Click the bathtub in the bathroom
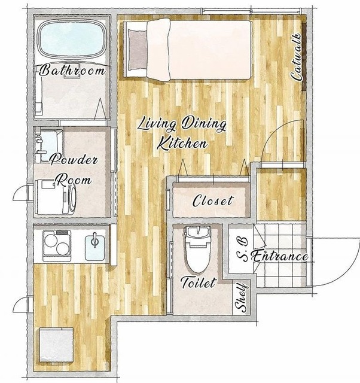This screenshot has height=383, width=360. click(72, 38)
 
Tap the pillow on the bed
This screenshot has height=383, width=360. click(138, 49)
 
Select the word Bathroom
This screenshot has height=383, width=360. click(72, 70)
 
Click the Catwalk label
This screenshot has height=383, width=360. click(297, 57)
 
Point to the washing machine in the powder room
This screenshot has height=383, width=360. click(56, 197)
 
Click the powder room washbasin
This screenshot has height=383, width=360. click(48, 146)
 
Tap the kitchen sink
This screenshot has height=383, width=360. click(94, 245)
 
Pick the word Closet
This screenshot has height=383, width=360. click(212, 200)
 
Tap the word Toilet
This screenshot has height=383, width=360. click(198, 282)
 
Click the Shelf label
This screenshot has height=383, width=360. click(240, 297)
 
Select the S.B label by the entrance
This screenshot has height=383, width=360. click(242, 250)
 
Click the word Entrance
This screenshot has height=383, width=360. click(279, 256)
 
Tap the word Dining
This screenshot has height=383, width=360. click(203, 124)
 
